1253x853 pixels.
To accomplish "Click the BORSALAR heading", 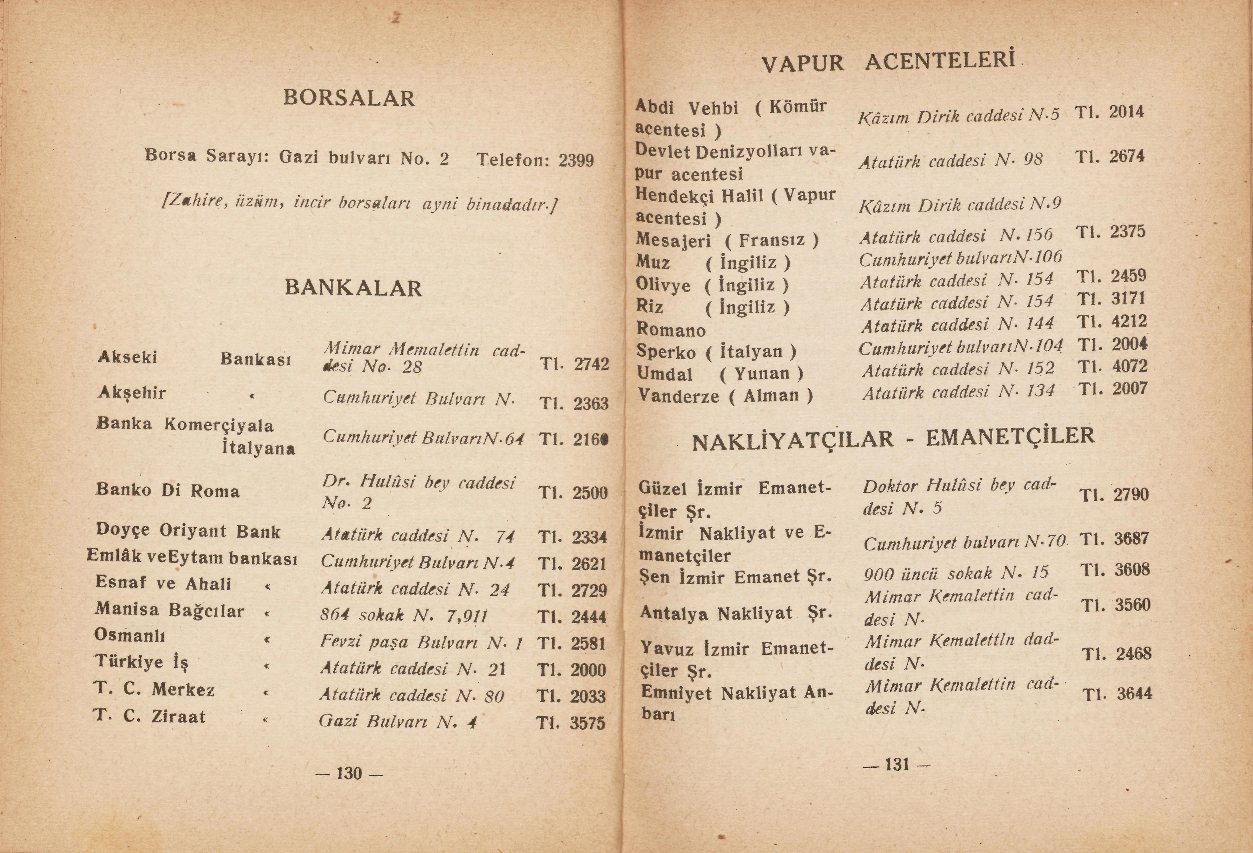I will [349, 98].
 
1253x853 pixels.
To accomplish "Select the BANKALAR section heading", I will [353, 288].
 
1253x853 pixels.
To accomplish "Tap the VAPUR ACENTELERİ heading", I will [888, 62].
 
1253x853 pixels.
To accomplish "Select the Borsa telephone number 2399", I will [576, 161].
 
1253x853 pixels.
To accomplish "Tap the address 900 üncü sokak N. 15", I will [956, 573].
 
